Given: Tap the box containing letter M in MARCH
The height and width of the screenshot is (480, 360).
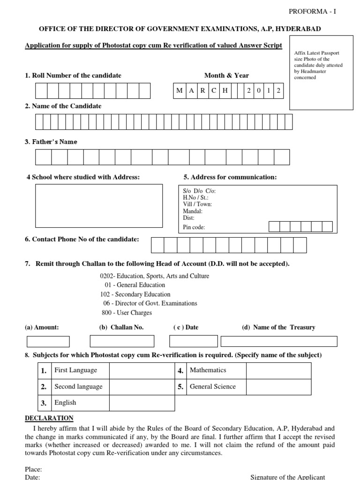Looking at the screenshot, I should (x=180, y=90).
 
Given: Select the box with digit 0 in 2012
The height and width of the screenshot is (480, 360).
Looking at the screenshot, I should (x=258, y=90).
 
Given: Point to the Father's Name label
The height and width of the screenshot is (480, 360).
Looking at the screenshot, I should (x=51, y=142).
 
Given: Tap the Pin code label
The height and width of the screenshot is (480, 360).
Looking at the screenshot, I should (x=194, y=227).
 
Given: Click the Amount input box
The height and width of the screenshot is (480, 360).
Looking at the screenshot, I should (x=48, y=341).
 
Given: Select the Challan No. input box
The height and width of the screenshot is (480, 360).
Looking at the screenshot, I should (x=122, y=341).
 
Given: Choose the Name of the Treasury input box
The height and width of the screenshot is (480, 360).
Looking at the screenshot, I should (x=279, y=341).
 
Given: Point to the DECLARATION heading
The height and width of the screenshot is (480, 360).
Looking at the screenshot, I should (x=49, y=418).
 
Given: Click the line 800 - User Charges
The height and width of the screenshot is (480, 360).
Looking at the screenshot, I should (x=127, y=313).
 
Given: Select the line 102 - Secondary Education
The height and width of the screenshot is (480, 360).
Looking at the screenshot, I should (x=135, y=294).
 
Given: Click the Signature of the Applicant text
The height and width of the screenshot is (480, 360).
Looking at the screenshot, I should (x=288, y=477).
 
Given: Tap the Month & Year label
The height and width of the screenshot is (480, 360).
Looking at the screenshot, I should (x=226, y=75).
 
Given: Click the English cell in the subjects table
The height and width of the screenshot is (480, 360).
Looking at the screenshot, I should (x=66, y=403).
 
